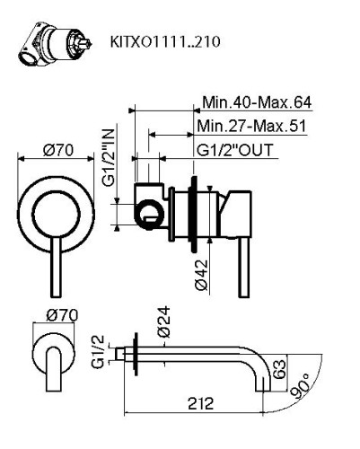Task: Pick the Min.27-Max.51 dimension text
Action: [254, 125]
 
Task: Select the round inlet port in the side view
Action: [149, 213]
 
